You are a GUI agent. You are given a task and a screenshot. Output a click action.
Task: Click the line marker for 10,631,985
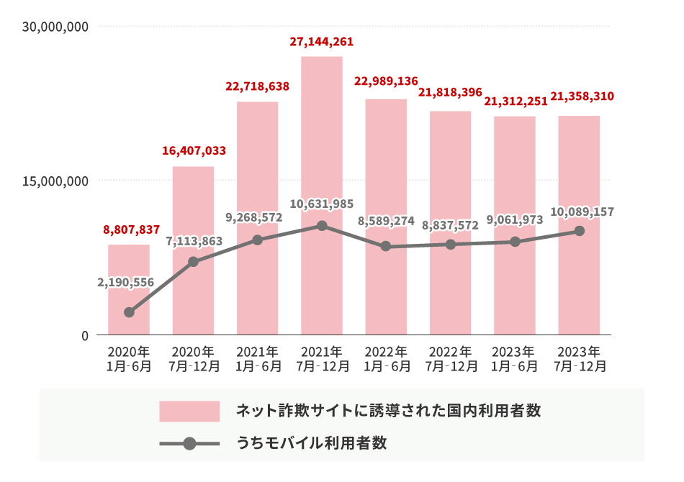[x=322, y=226]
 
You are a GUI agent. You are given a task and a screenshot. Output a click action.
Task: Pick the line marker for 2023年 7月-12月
[x=579, y=231]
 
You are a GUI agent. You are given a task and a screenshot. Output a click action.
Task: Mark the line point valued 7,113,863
[x=193, y=262]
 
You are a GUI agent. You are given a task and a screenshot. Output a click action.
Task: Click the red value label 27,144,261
[x=322, y=42]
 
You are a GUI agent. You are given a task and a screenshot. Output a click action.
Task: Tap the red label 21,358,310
[x=582, y=96]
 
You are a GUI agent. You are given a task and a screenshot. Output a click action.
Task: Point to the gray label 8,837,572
[x=451, y=225]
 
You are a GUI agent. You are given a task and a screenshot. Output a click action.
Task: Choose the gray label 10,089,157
[x=582, y=212]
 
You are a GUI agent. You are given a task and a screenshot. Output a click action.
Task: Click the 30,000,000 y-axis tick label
[x=55, y=27]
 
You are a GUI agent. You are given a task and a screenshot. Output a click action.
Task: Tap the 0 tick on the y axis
[x=84, y=335]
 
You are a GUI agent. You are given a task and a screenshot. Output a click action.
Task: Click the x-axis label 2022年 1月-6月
[x=386, y=358]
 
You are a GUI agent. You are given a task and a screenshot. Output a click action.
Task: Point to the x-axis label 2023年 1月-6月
[x=515, y=358]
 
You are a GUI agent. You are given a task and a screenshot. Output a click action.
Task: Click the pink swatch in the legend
[x=189, y=411]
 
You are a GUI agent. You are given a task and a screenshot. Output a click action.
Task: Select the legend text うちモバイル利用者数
[x=312, y=443]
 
